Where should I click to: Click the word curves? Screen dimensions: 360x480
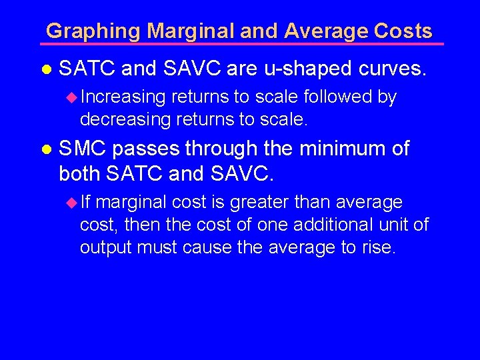tap(392, 67)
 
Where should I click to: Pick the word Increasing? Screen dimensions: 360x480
tap(123, 97)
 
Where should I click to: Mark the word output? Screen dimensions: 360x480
tap(105, 248)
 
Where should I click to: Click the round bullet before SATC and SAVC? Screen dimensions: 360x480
tap(46, 69)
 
